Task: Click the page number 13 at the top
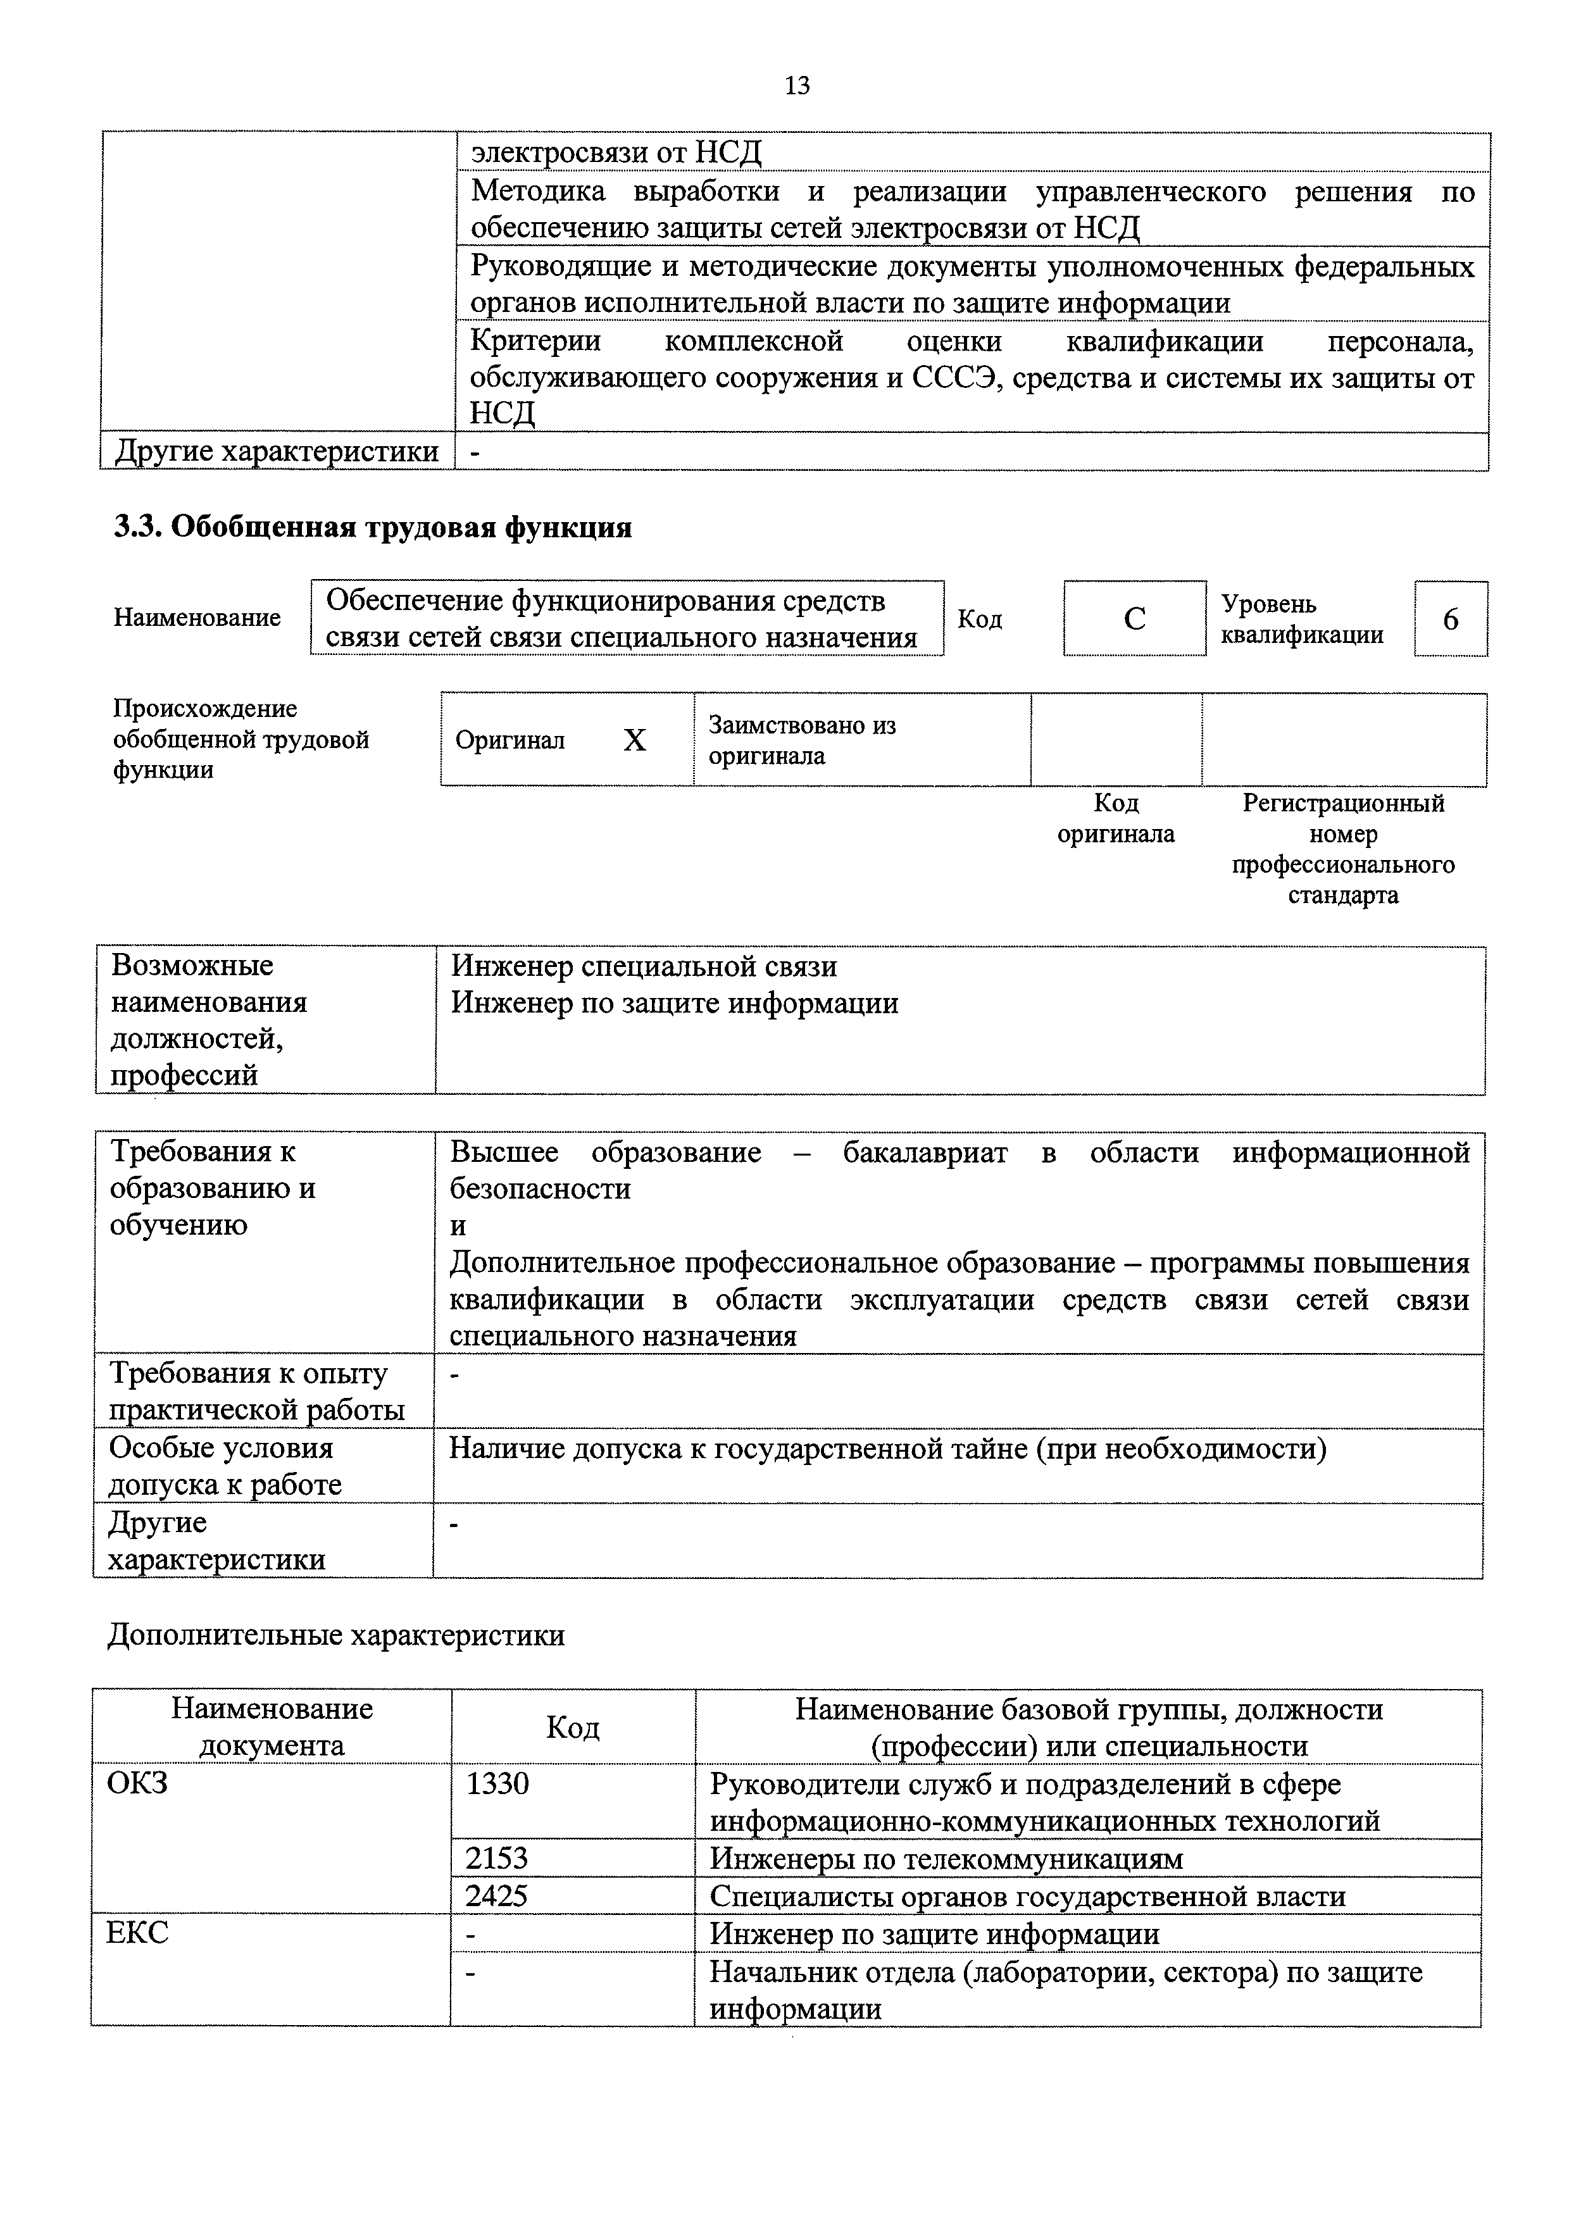click(797, 86)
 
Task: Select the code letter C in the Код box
click(1134, 619)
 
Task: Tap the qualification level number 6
click(1450, 619)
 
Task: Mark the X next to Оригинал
click(634, 740)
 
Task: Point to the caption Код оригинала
click(1116, 818)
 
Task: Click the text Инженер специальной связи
click(644, 966)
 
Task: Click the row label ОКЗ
click(137, 1782)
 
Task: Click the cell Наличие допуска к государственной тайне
click(887, 1449)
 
